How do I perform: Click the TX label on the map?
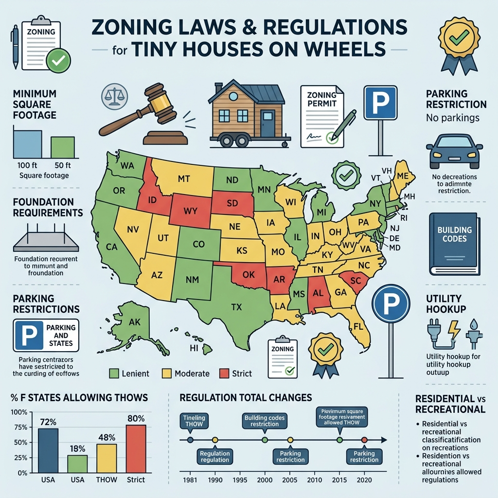[x=237, y=307]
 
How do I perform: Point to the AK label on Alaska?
[x=134, y=321]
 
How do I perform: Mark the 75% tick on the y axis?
[x=19, y=427]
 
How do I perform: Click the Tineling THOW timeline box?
[x=194, y=420]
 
